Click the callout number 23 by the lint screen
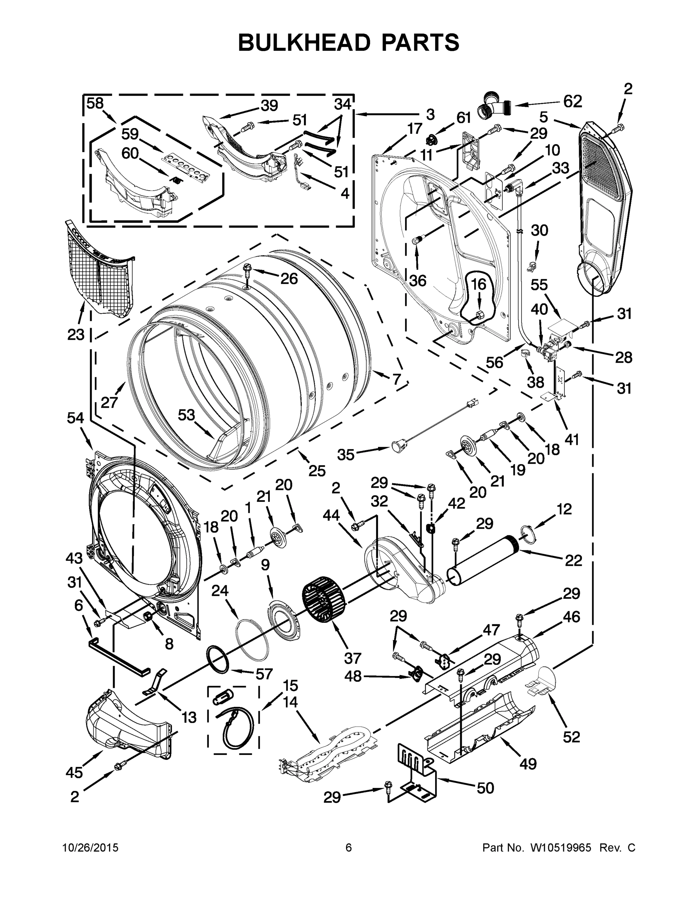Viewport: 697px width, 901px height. pos(76,334)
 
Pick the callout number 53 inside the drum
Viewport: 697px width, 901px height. pos(186,414)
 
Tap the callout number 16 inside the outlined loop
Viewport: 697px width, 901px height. pos(479,285)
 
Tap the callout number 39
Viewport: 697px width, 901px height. pos(269,105)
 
